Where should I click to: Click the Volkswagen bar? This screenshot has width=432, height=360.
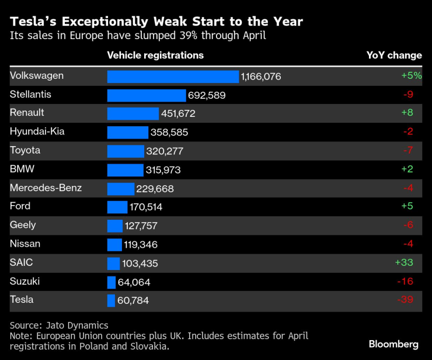click(173, 77)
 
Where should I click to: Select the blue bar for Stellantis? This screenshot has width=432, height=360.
click(147, 95)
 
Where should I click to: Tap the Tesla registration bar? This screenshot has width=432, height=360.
click(111, 300)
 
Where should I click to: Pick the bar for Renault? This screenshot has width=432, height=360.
click(133, 113)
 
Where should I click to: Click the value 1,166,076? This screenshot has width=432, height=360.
click(261, 77)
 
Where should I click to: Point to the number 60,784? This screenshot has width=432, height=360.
click(134, 300)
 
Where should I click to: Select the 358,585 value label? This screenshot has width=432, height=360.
click(169, 133)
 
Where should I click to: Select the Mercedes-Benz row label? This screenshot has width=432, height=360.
click(46, 188)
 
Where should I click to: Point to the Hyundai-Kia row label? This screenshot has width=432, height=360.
click(37, 131)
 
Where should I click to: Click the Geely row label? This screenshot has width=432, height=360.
click(23, 225)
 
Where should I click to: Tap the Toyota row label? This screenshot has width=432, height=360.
click(25, 150)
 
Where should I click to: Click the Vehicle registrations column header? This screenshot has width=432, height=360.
click(155, 55)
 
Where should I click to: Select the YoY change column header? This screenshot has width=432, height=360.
click(393, 55)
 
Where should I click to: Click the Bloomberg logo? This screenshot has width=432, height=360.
click(393, 344)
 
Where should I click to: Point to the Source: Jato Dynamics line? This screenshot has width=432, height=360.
click(59, 325)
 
